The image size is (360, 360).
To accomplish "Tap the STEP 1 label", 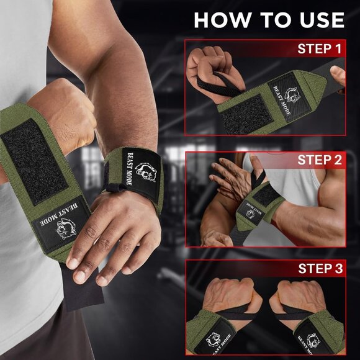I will click(319, 48).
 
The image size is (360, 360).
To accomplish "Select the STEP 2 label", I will click(319, 160).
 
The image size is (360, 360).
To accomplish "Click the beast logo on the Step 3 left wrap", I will click(214, 341).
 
